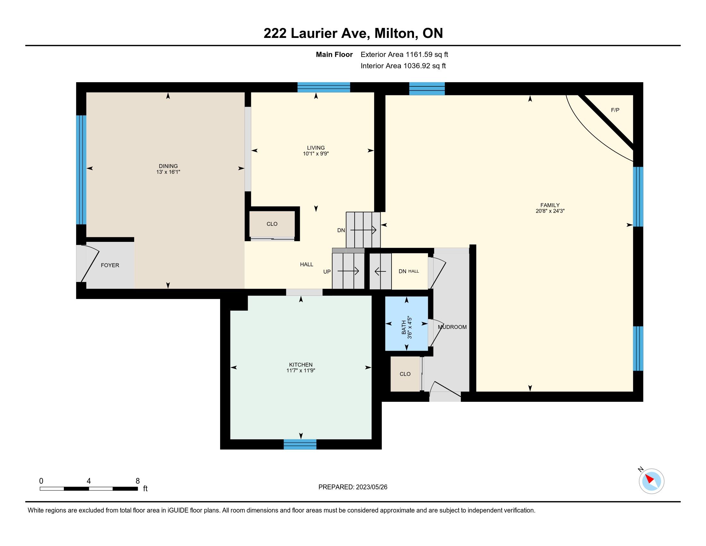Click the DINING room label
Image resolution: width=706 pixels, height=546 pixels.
click(x=168, y=166)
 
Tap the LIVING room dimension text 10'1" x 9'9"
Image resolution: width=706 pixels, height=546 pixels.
click(x=316, y=154)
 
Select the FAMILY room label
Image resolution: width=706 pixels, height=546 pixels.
click(x=550, y=205)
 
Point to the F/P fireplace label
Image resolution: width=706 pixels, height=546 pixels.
click(x=615, y=110)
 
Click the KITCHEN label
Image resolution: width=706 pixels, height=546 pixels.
click(x=301, y=365)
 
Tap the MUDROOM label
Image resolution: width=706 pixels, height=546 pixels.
click(x=452, y=327)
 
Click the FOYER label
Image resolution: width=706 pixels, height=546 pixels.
click(x=110, y=265)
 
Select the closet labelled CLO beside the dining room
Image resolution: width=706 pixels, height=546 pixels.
click(x=272, y=224)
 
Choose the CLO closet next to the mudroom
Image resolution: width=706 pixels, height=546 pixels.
click(x=405, y=374)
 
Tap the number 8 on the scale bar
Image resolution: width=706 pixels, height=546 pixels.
click(x=138, y=481)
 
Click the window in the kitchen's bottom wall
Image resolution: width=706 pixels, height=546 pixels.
click(x=300, y=445)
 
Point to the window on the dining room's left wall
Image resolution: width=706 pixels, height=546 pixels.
click(x=81, y=170)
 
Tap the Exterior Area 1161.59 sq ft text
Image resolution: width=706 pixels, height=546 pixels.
click(x=404, y=55)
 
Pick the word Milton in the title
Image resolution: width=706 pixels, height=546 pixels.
click(x=394, y=33)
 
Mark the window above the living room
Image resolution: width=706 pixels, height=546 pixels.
click(x=323, y=87)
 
